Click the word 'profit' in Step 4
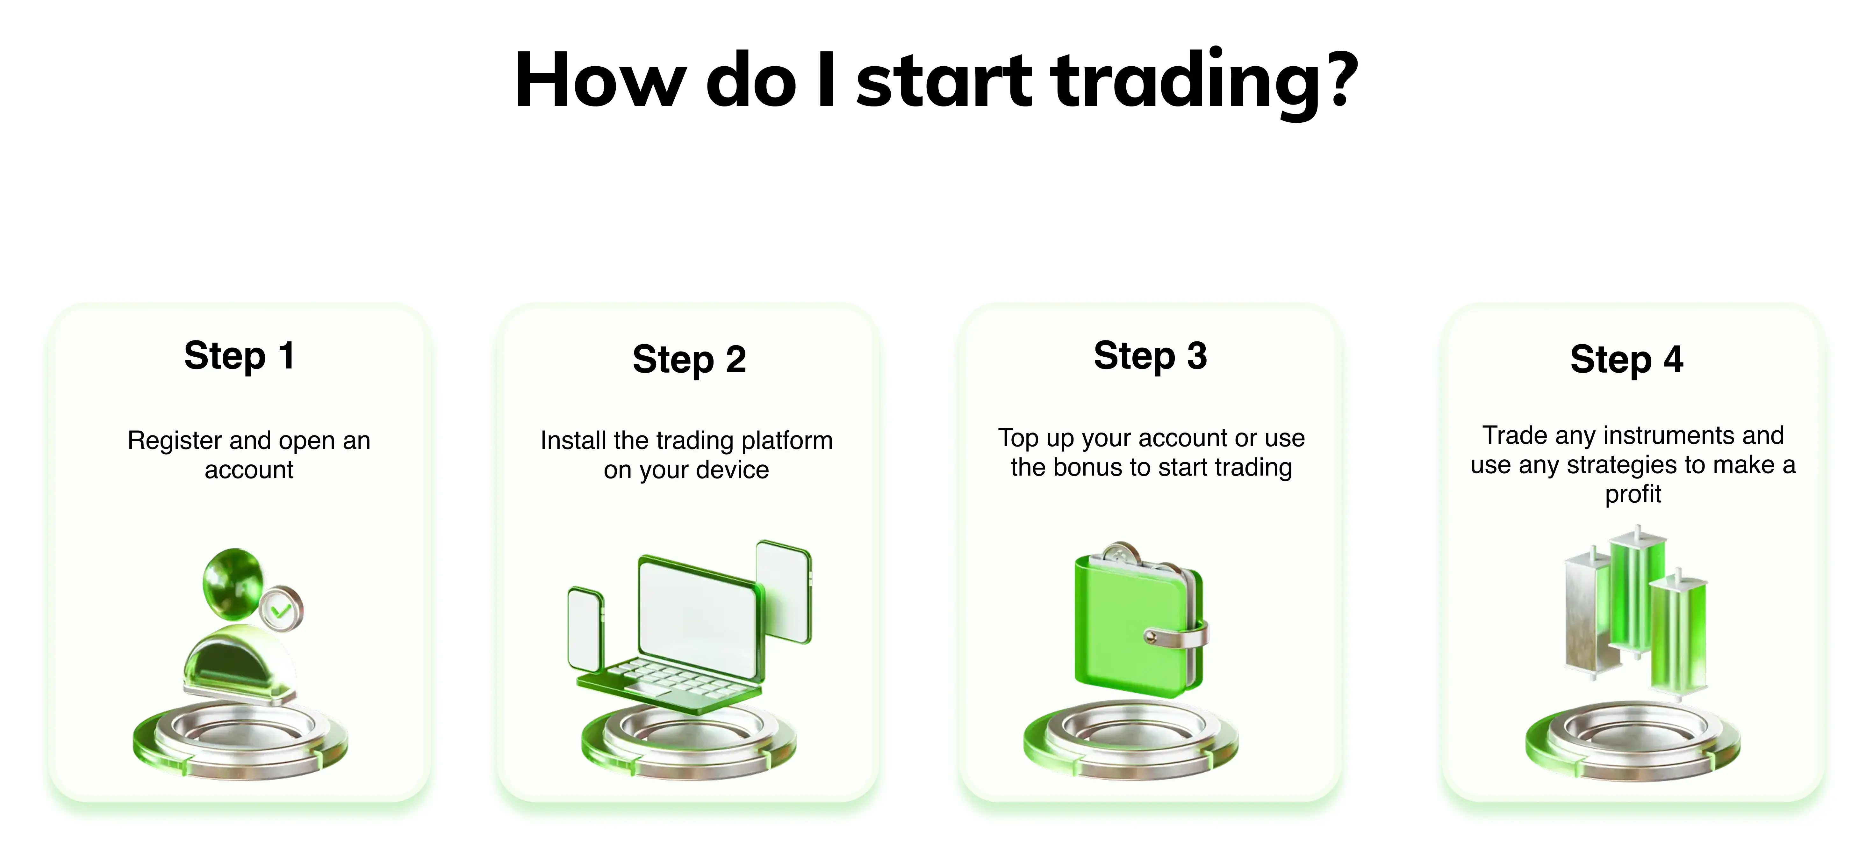(1633, 495)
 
